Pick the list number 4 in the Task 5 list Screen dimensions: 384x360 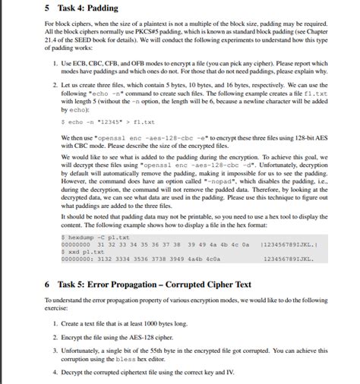coord(56,373)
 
